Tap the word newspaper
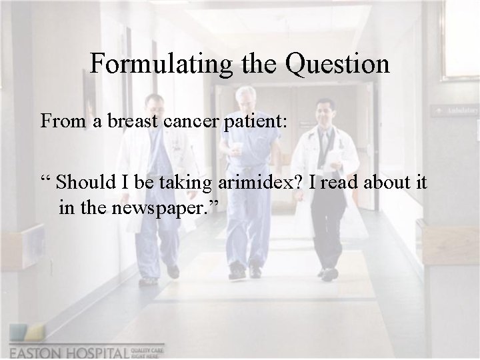click(168, 207)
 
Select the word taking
click(188, 181)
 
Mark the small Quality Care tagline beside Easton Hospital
click(150, 351)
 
